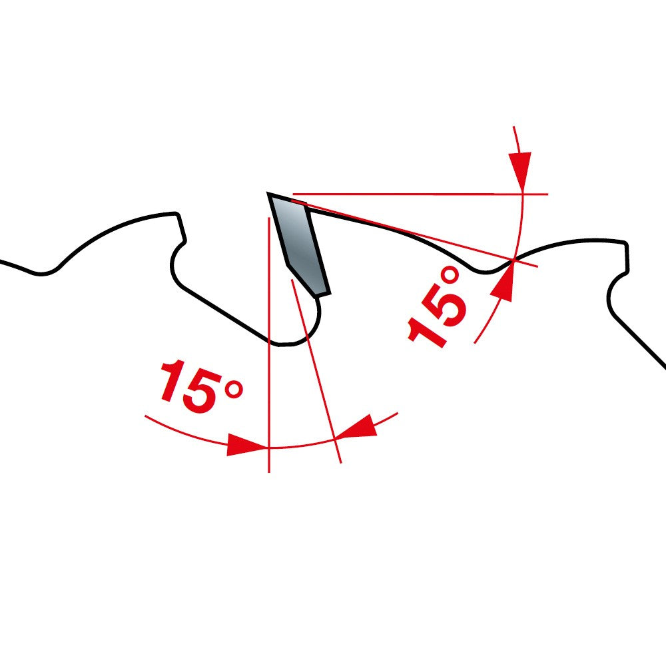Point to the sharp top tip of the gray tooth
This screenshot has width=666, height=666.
(x=268, y=193)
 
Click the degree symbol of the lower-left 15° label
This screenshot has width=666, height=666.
(x=234, y=389)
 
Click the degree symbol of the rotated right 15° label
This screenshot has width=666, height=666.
(x=450, y=276)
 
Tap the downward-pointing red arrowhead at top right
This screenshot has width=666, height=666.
(x=520, y=170)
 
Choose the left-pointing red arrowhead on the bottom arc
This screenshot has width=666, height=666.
(x=357, y=426)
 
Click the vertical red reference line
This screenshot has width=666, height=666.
(x=269, y=344)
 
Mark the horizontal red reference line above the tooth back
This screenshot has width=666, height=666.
(x=420, y=194)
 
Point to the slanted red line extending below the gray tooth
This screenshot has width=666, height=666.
(x=316, y=370)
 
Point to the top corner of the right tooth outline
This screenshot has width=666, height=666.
(x=625, y=243)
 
